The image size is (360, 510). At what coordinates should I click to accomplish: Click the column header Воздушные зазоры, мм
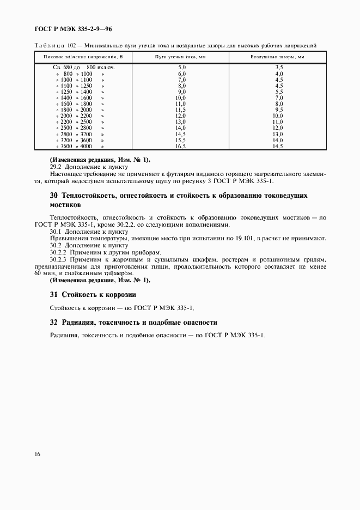pyautogui.click(x=277, y=57)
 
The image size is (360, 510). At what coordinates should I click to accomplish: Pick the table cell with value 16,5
pyautogui.click(x=181, y=147)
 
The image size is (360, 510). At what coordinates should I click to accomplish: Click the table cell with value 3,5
pyautogui.click(x=278, y=67)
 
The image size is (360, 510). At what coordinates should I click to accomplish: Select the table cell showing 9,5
pyautogui.click(x=278, y=110)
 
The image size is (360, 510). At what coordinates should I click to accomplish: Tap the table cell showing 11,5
pyautogui.click(x=181, y=110)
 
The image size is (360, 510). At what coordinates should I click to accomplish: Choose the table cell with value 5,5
pyautogui.click(x=278, y=92)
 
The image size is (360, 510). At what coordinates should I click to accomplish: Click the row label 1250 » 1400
pyautogui.click(x=76, y=92)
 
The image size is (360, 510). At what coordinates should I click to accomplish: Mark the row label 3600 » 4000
pyautogui.click(x=76, y=147)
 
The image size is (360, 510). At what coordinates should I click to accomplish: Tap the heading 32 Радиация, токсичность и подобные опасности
pyautogui.click(x=133, y=322)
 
